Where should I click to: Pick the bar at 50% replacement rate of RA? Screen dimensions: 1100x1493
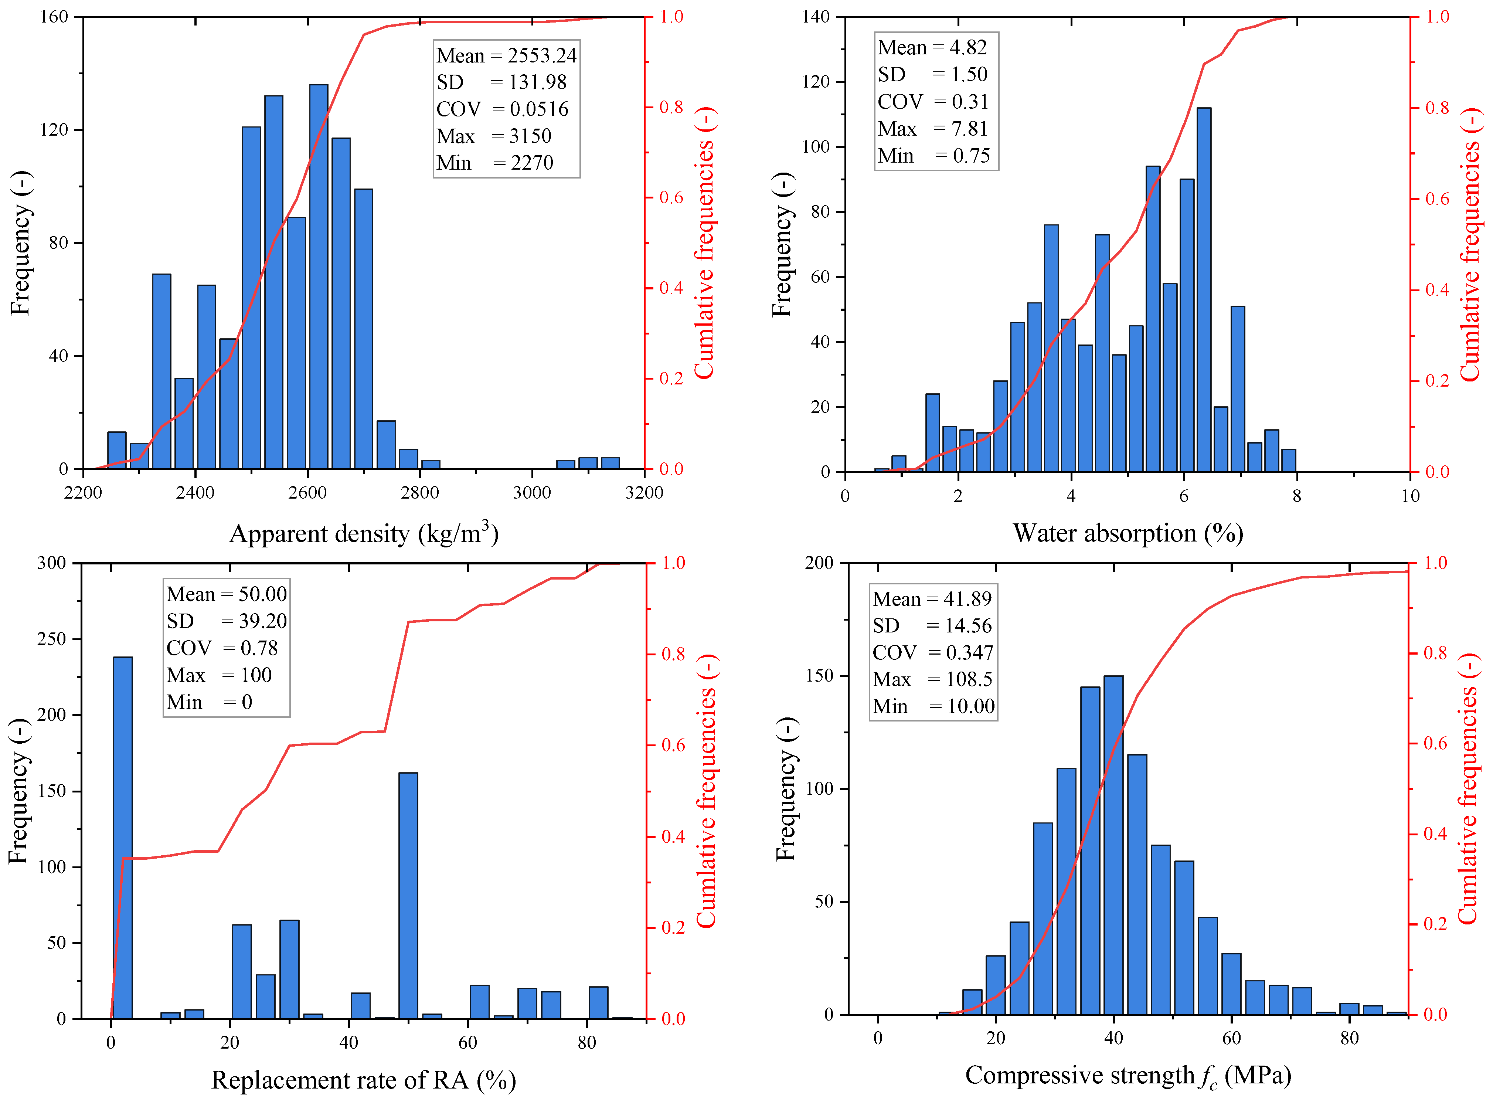[408, 896]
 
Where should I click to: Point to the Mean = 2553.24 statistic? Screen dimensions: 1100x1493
[506, 55]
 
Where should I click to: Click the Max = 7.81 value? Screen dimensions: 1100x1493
[932, 129]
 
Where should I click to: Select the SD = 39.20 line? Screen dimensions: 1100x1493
[226, 621]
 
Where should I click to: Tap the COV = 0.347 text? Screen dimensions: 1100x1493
[932, 652]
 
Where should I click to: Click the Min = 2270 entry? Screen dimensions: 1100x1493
[494, 163]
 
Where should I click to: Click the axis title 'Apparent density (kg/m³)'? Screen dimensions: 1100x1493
[364, 533]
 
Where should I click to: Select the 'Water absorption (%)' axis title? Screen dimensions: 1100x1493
[1128, 533]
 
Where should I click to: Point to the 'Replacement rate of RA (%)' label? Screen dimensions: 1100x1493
[363, 1079]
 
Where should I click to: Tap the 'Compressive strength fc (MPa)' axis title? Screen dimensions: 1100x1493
[1128, 1076]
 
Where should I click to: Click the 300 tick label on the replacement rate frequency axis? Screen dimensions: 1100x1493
[52, 563]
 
